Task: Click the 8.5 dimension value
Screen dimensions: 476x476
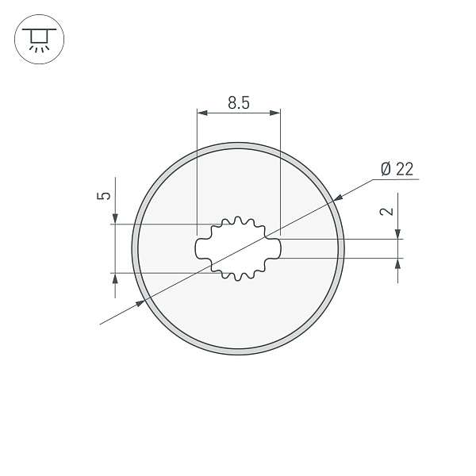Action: point(239,102)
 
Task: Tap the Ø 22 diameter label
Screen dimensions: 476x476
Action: point(397,169)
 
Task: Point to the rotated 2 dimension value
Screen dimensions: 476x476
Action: point(386,212)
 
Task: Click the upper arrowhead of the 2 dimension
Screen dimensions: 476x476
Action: point(397,233)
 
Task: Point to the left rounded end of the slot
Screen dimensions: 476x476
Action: point(198,248)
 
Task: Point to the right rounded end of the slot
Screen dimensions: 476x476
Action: point(279,248)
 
